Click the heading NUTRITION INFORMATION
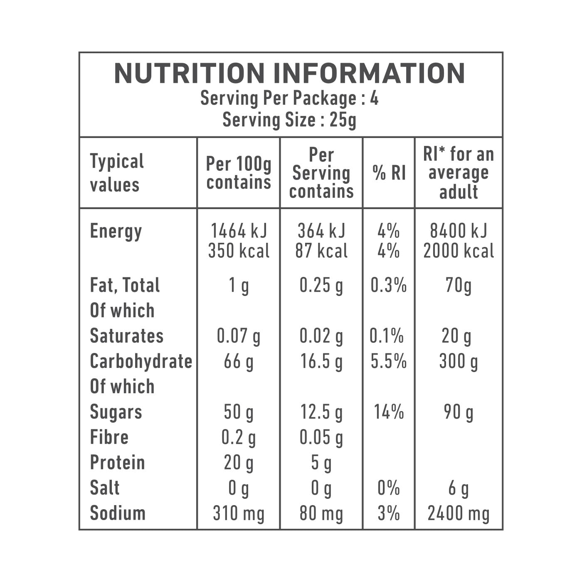pyautogui.click(x=289, y=74)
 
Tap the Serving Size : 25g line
pyautogui.click(x=289, y=120)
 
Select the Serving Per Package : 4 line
pyautogui.click(x=289, y=99)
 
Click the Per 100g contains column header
pyautogui.click(x=239, y=173)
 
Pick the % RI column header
pyautogui.click(x=389, y=173)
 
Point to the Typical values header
pyautogui.click(x=117, y=173)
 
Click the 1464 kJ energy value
pyautogui.click(x=239, y=231)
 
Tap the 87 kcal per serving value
pyautogui.click(x=321, y=251)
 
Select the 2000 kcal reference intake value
pyautogui.click(x=459, y=251)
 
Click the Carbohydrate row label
pyautogui.click(x=141, y=361)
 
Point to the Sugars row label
pyautogui.click(x=116, y=412)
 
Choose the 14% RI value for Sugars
pyautogui.click(x=389, y=412)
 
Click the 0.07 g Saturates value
pyautogui.click(x=239, y=336)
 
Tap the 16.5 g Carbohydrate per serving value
pyautogui.click(x=321, y=361)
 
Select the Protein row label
pyautogui.click(x=117, y=463)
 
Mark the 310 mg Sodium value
pyautogui.click(x=239, y=513)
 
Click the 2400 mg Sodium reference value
pyautogui.click(x=459, y=513)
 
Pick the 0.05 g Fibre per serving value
pyautogui.click(x=321, y=437)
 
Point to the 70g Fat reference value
pyautogui.click(x=459, y=286)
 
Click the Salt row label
pyautogui.click(x=105, y=488)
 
